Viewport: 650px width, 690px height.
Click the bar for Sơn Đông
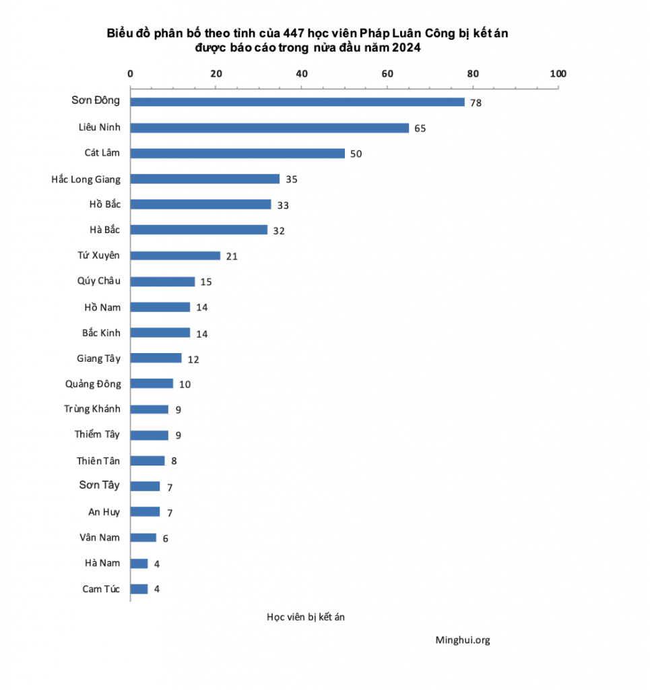pyautogui.click(x=297, y=102)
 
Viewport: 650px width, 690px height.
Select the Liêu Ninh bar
pyautogui.click(x=269, y=128)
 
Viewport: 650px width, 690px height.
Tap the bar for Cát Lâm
pyautogui.click(x=237, y=153)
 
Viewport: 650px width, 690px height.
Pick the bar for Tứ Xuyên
pyautogui.click(x=175, y=255)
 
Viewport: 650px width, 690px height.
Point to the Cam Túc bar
pyautogui.click(x=139, y=589)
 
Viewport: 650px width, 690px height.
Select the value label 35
pyautogui.click(x=292, y=179)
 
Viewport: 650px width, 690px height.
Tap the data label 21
pyautogui.click(x=232, y=256)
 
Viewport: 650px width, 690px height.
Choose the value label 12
pyautogui.click(x=193, y=359)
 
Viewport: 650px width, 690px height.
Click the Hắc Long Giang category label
pyautogui.click(x=86, y=179)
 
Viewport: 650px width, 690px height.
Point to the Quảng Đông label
pyautogui.click(x=94, y=384)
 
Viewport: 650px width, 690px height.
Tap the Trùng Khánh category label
pyautogui.click(x=92, y=409)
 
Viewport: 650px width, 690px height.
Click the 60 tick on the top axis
pyautogui.click(x=387, y=73)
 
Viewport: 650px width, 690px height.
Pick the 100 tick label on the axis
pyautogui.click(x=558, y=73)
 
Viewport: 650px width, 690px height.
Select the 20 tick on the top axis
pyautogui.click(x=216, y=73)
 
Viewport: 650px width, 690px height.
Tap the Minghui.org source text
pyautogui.click(x=463, y=640)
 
